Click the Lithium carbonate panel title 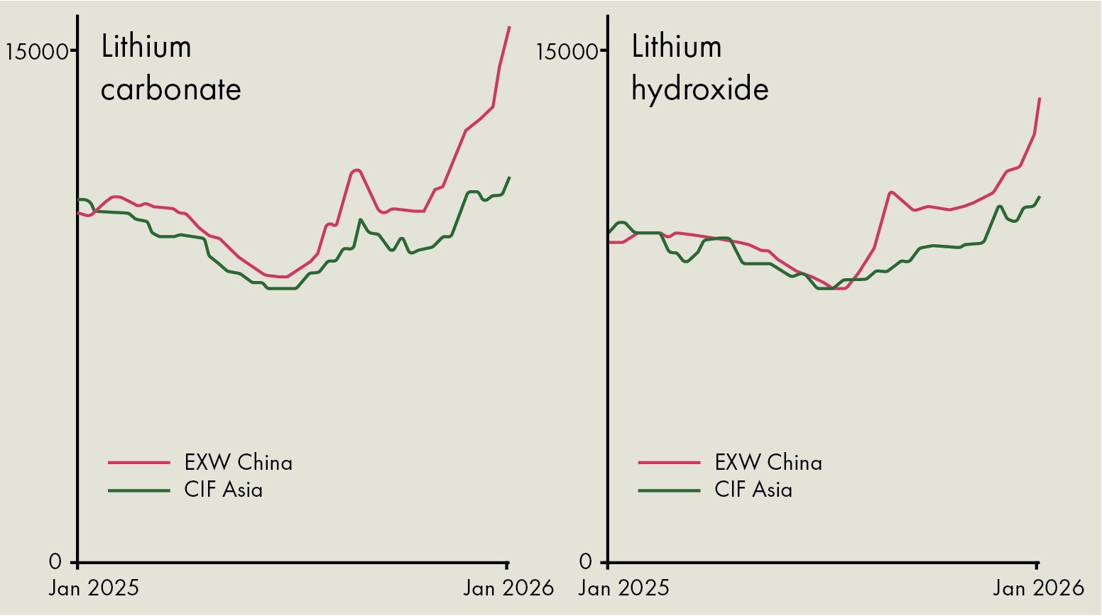(170, 68)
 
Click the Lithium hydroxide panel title (699, 68)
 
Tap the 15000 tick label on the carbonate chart (37, 52)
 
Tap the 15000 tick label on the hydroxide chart (567, 52)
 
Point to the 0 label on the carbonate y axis (55, 562)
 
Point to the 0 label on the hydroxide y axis (586, 562)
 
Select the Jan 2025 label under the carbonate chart (94, 588)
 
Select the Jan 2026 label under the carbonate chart (508, 588)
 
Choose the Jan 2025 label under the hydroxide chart (624, 588)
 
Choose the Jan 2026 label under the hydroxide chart (1038, 588)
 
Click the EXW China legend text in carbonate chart (238, 463)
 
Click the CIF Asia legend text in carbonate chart (223, 490)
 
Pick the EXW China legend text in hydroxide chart (768, 463)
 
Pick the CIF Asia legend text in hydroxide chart (753, 490)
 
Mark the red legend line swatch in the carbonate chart (139, 463)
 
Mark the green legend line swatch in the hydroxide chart (669, 490)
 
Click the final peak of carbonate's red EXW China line (510, 27)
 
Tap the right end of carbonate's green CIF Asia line (510, 177)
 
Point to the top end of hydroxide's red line (1040, 99)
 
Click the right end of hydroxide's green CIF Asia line (1040, 197)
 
